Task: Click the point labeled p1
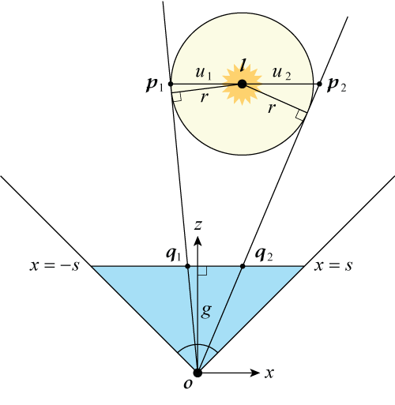tap(171, 84)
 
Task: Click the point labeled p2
tap(319, 84)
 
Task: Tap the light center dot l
tap(242, 84)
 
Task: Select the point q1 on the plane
tap(187, 266)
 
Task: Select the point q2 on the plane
tap(243, 266)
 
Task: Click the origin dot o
tap(197, 373)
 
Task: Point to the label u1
tap(204, 73)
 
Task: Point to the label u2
tap(281, 73)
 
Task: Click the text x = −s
tap(55, 266)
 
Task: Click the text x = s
tap(333, 266)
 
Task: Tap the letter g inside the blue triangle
tap(206, 312)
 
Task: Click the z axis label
tap(198, 225)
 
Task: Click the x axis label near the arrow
tap(269, 373)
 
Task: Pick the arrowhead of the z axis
tap(197, 241)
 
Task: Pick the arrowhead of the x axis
tap(255, 373)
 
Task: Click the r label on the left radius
tap(204, 97)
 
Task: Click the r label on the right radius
tap(272, 108)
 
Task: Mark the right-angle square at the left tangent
tap(177, 96)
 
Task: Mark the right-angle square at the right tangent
tap(300, 115)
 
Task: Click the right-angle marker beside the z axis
tap(202, 271)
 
